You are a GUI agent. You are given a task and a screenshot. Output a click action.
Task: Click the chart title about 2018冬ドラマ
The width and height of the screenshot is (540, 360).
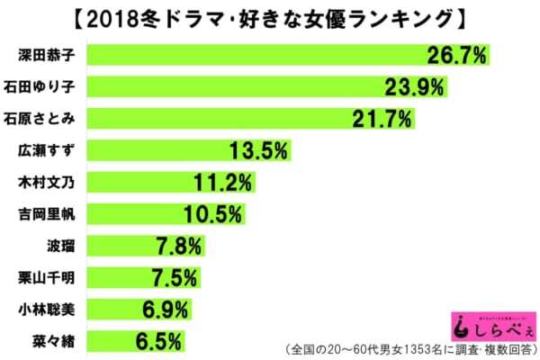(x=269, y=17)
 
